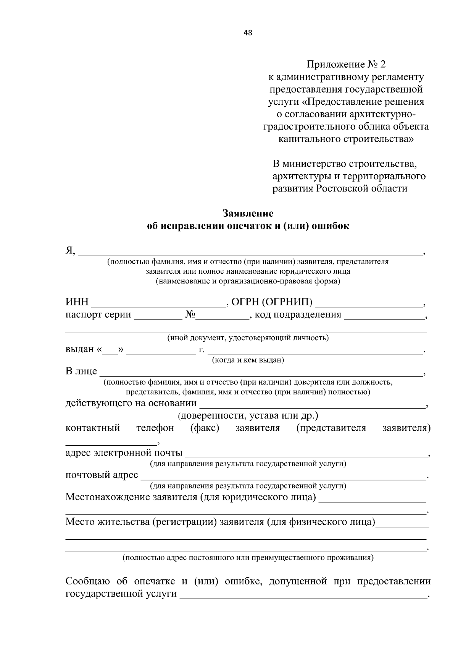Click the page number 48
coord(248,32)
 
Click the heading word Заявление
coord(248,213)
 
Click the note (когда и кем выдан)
coord(248,360)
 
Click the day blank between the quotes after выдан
coord(110,353)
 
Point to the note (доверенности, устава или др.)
coord(248,415)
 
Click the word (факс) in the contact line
coord(205,428)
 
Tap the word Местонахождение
coord(107,497)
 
